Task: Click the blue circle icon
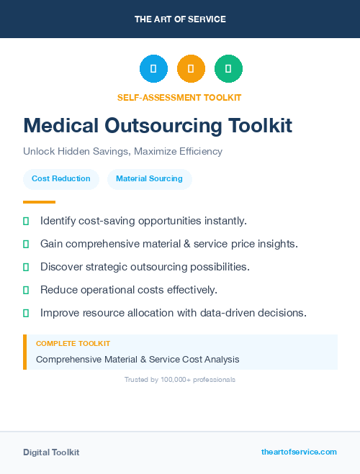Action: point(153,69)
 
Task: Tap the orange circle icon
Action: point(191,69)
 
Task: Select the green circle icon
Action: point(228,69)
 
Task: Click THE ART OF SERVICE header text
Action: point(180,19)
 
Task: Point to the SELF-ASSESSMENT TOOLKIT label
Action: point(179,97)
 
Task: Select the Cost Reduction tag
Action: point(61,178)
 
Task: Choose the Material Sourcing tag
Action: point(149,178)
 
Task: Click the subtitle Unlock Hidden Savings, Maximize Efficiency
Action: point(122,152)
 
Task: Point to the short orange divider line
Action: point(39,202)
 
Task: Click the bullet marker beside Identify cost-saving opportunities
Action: point(26,221)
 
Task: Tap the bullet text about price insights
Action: point(168,244)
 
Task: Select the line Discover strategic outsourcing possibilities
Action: point(145,267)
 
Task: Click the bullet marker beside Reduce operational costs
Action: point(26,290)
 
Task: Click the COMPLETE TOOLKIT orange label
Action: point(73,344)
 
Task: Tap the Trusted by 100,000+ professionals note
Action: point(180,380)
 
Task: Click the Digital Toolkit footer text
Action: point(51,452)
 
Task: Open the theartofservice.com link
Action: point(299,452)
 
